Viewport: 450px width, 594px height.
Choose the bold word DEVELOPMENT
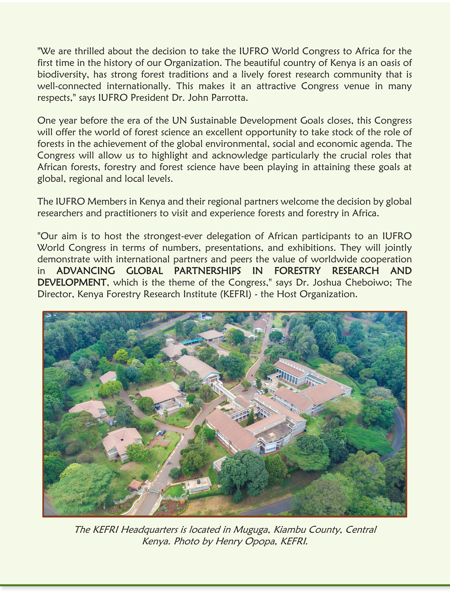(x=72, y=282)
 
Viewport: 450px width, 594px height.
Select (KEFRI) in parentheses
(x=236, y=294)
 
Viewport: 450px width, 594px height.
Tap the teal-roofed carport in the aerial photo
(x=192, y=342)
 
